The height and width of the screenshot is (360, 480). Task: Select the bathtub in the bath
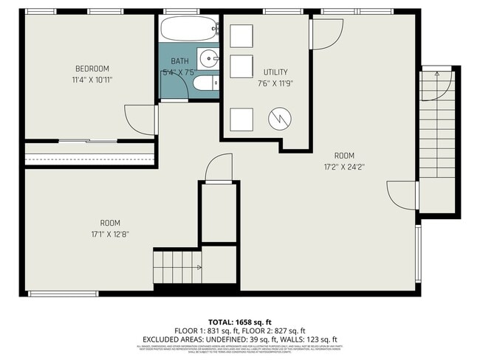click(x=188, y=30)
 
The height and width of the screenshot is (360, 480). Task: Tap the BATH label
click(x=179, y=61)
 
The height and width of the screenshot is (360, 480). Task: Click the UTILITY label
click(x=276, y=72)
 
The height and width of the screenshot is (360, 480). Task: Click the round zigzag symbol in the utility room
click(x=278, y=118)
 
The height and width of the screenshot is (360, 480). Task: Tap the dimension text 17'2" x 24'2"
click(x=344, y=167)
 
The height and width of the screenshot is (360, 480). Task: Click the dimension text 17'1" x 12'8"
click(x=110, y=235)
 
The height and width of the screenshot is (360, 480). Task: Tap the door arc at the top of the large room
click(x=326, y=33)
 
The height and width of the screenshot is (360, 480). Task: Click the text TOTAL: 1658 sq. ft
click(x=239, y=322)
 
